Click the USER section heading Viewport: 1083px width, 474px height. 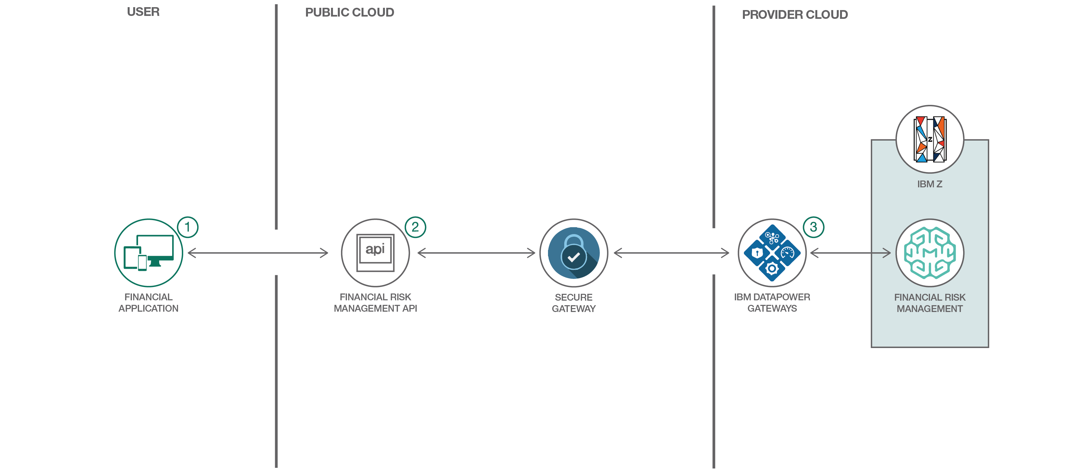(x=143, y=12)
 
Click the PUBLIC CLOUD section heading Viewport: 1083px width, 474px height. (x=350, y=13)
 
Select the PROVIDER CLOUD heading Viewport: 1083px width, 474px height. (x=795, y=15)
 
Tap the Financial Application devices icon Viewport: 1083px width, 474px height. (x=148, y=253)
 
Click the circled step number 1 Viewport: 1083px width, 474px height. (x=187, y=227)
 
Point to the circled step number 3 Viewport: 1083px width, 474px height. (x=813, y=227)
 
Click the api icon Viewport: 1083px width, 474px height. (x=375, y=253)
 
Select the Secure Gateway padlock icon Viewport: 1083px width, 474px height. (x=573, y=253)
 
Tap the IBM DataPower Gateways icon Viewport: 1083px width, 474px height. (x=772, y=253)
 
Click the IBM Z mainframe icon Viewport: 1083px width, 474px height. (x=930, y=139)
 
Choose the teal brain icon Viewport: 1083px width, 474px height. (x=930, y=253)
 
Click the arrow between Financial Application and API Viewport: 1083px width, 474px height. (x=258, y=253)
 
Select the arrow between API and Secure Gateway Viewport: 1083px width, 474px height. (x=476, y=253)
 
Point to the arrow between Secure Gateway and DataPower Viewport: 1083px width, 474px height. (x=671, y=253)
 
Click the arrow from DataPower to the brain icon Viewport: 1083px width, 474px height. (x=850, y=253)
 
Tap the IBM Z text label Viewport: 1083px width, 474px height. (x=930, y=184)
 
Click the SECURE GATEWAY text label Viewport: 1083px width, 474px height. (x=573, y=303)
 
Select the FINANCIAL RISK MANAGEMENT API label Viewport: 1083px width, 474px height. (x=375, y=303)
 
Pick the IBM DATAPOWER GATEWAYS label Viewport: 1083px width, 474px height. (x=772, y=303)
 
